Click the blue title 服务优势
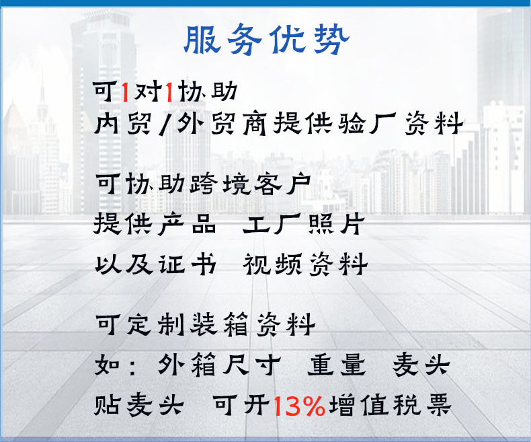tap(267, 39)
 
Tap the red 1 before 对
tap(125, 92)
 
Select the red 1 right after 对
tap(169, 92)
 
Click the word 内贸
tap(122, 123)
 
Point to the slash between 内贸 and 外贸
tap(165, 124)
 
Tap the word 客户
tap(282, 184)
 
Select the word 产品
tap(187, 223)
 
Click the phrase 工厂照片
tap(303, 223)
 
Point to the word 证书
tap(187, 263)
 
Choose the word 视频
tap(272, 263)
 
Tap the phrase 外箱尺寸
tap(219, 365)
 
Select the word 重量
tap(337, 365)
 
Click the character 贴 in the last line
tap(107, 404)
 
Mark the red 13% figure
tap(298, 406)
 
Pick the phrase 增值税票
tap(390, 404)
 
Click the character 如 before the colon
tap(107, 365)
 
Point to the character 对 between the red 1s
tap(147, 91)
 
